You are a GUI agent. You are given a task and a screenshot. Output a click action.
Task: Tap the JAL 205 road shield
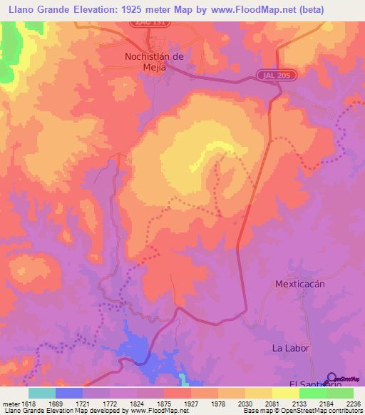point(272,76)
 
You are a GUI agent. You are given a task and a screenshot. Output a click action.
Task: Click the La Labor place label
point(289,348)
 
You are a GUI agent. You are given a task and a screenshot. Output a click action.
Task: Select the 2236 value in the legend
point(354,403)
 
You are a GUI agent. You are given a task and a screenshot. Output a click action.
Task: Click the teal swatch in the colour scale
point(41,393)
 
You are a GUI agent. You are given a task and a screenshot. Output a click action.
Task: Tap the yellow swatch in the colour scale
point(285,393)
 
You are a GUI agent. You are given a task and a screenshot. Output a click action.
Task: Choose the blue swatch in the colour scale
point(68,393)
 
